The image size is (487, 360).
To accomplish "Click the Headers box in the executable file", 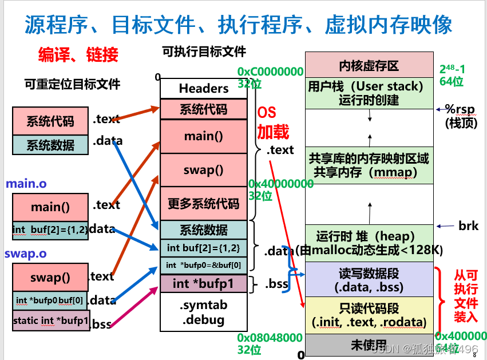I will pos(204,88).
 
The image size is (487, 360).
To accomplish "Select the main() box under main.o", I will pos(50,207).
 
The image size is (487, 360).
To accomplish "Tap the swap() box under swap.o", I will pos(50,278).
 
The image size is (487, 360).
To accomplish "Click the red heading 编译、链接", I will pos(78,54).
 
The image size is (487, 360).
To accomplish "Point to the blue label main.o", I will pos(26,184).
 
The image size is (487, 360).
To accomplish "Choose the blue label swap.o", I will pos(26,253).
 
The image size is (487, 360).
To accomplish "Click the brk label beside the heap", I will pos(468,226).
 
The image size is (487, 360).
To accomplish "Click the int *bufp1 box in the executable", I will pos(204,283).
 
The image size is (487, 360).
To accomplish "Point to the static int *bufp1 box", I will pos(50,321).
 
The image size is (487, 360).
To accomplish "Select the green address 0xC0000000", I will pos(270,72).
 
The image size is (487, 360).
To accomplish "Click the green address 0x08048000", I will pos(270,338).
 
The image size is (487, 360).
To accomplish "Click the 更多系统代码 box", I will pos(204,203).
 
